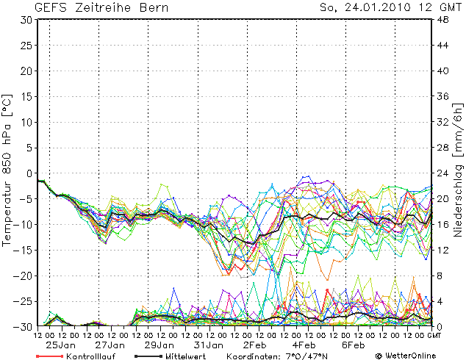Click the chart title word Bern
[153, 8]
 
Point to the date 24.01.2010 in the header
[372, 8]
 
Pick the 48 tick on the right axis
[443, 20]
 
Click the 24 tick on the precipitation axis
[443, 173]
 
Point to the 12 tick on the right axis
[443, 250]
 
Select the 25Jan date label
[62, 345]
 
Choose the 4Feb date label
[305, 345]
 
